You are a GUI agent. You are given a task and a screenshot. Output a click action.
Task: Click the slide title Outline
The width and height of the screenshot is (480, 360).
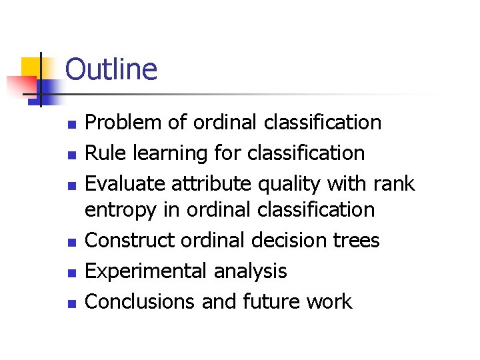coord(111,69)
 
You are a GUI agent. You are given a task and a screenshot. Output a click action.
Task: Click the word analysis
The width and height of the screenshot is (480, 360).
coord(251,271)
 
